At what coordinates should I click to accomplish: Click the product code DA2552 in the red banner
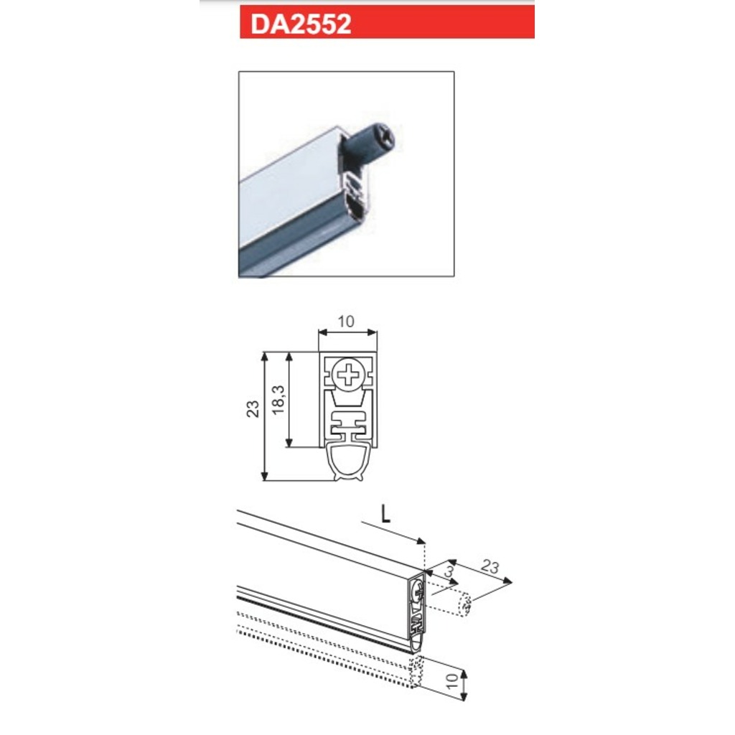click(x=301, y=24)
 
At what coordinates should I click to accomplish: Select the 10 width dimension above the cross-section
click(x=347, y=322)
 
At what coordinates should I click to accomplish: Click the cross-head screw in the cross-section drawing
click(x=349, y=374)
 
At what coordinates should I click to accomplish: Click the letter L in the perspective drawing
click(x=385, y=512)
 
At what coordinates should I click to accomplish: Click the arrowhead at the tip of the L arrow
click(x=423, y=542)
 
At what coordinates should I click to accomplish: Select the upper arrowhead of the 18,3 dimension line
click(x=289, y=356)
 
